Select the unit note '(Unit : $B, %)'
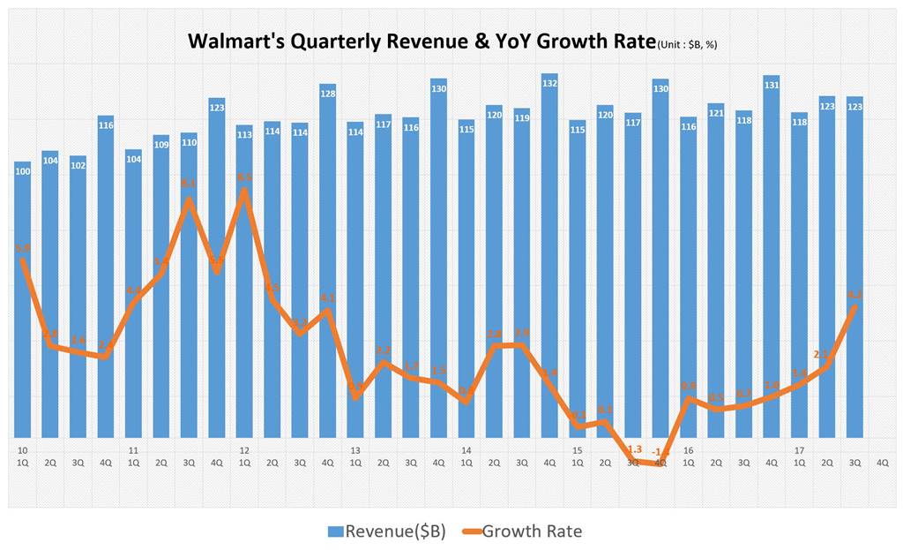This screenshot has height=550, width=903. [687, 44]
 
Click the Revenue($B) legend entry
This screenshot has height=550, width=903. [387, 531]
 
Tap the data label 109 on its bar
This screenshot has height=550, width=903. [161, 140]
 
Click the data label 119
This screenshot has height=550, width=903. [522, 116]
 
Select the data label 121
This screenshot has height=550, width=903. [716, 112]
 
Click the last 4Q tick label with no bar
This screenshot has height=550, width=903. [883, 462]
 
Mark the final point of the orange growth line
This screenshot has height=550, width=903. [854, 306]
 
